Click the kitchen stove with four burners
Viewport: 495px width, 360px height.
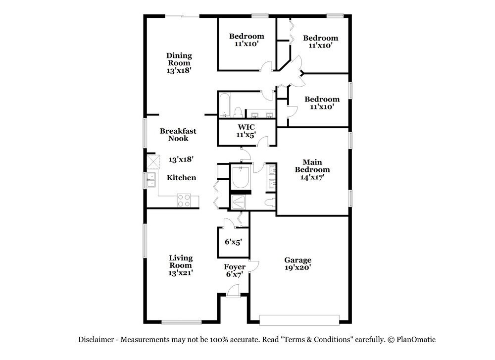184,200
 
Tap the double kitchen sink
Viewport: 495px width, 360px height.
151,180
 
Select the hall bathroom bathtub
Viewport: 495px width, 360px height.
224,105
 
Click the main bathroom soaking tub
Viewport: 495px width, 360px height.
241,178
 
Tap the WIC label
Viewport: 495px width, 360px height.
246,127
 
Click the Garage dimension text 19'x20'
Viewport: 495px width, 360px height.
297,267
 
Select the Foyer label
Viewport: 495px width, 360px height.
235,267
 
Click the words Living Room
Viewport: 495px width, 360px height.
181,261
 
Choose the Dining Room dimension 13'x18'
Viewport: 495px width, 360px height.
179,71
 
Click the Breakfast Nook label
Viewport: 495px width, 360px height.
178,135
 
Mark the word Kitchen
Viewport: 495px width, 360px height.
181,178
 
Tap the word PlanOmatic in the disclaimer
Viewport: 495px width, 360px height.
415,340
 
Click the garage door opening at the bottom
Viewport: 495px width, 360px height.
300,320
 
